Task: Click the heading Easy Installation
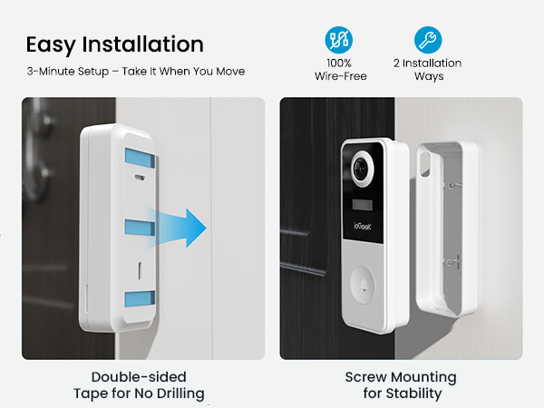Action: (x=114, y=44)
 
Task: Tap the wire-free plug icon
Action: (x=338, y=40)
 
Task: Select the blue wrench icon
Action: (x=428, y=40)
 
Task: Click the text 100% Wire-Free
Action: (x=339, y=70)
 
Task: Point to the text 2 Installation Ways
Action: (x=428, y=70)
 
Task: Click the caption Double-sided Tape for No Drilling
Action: (x=139, y=384)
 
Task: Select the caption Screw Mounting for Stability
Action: (x=400, y=384)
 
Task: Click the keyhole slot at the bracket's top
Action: (x=423, y=159)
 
